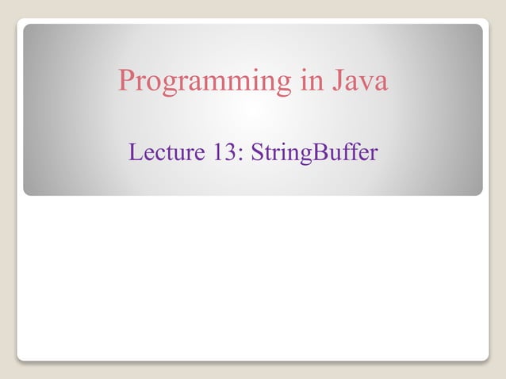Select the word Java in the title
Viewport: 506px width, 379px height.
[361, 81]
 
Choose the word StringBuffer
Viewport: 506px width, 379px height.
[314, 152]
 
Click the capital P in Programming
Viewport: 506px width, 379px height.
[126, 80]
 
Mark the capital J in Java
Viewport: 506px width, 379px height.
[339, 81]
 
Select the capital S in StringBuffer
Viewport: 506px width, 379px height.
[256, 151]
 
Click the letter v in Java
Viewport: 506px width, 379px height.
[367, 83]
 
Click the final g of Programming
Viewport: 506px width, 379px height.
[283, 85]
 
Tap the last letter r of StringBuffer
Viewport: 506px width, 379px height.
[374, 154]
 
